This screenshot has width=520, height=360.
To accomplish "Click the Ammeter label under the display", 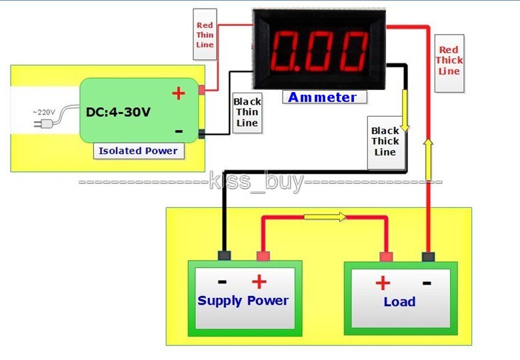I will [323, 97].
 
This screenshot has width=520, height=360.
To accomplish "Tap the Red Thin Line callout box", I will [205, 35].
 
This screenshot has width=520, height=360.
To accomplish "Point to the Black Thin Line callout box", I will [247, 113].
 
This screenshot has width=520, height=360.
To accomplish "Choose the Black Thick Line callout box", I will [385, 141].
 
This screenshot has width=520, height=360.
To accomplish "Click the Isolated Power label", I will [138, 151].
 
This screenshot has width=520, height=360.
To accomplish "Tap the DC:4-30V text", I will [118, 111].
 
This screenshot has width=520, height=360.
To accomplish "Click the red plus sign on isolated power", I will [178, 93].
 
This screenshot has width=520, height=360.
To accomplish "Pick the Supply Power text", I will [243, 301].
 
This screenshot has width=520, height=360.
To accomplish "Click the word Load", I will [399, 302].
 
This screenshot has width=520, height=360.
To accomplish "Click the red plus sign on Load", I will [382, 283].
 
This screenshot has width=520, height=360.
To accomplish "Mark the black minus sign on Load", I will [427, 283].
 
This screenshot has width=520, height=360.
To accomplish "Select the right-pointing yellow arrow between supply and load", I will [325, 217].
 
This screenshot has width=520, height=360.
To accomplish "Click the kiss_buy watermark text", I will [257, 181].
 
